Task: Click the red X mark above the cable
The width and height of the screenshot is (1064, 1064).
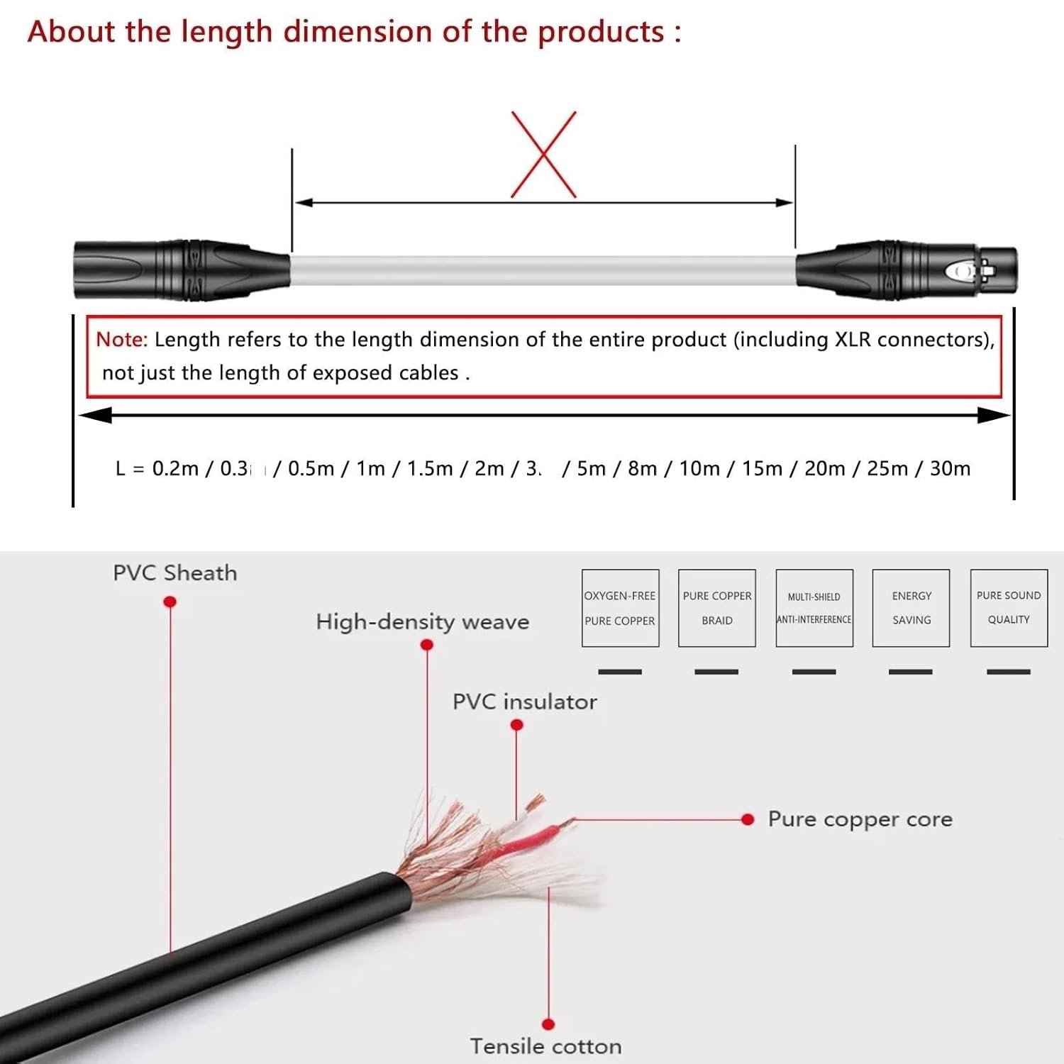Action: [543, 155]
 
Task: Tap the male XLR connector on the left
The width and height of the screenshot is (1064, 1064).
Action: [181, 270]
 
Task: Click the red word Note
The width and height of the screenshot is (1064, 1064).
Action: [121, 340]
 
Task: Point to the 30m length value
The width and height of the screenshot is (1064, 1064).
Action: [950, 469]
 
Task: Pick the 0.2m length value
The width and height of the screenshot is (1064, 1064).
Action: [175, 469]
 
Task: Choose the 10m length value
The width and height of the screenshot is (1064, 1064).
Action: [699, 469]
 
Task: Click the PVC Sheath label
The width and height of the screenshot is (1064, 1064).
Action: [175, 573]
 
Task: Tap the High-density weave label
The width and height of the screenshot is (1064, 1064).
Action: [423, 622]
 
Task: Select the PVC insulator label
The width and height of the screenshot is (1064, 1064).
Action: [525, 702]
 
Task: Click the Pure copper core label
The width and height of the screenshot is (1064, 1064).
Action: [860, 819]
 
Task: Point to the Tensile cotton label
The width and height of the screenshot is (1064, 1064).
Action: [545, 1046]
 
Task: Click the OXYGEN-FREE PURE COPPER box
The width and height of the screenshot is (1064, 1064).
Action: [620, 608]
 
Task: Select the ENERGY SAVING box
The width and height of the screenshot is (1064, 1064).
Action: [911, 608]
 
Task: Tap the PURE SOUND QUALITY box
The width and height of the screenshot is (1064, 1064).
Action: [1009, 608]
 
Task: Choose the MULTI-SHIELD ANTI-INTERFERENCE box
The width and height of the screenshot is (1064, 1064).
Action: [814, 608]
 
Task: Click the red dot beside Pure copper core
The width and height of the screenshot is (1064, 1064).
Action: [748, 820]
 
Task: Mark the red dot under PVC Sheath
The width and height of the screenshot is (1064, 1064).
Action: [170, 602]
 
